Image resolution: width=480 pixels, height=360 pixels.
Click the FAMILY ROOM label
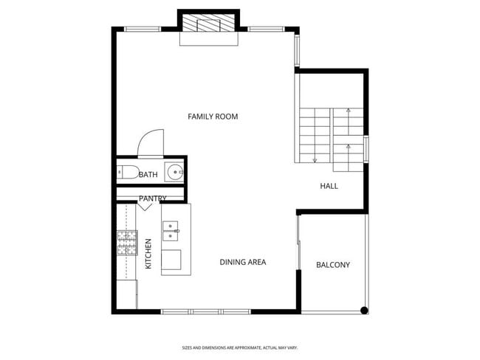213,117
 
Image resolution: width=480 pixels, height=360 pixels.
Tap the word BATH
148,175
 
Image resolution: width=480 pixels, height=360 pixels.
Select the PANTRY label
152,198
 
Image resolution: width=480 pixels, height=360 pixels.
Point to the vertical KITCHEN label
148,253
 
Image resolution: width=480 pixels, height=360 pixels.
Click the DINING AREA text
243,262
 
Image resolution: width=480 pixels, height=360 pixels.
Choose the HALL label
329,186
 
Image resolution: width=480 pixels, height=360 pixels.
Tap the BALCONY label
332,265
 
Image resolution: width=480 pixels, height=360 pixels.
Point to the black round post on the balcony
363,311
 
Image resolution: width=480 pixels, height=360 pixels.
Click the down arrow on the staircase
315,159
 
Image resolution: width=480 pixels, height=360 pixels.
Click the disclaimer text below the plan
239,347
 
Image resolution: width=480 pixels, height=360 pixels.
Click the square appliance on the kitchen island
171,260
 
